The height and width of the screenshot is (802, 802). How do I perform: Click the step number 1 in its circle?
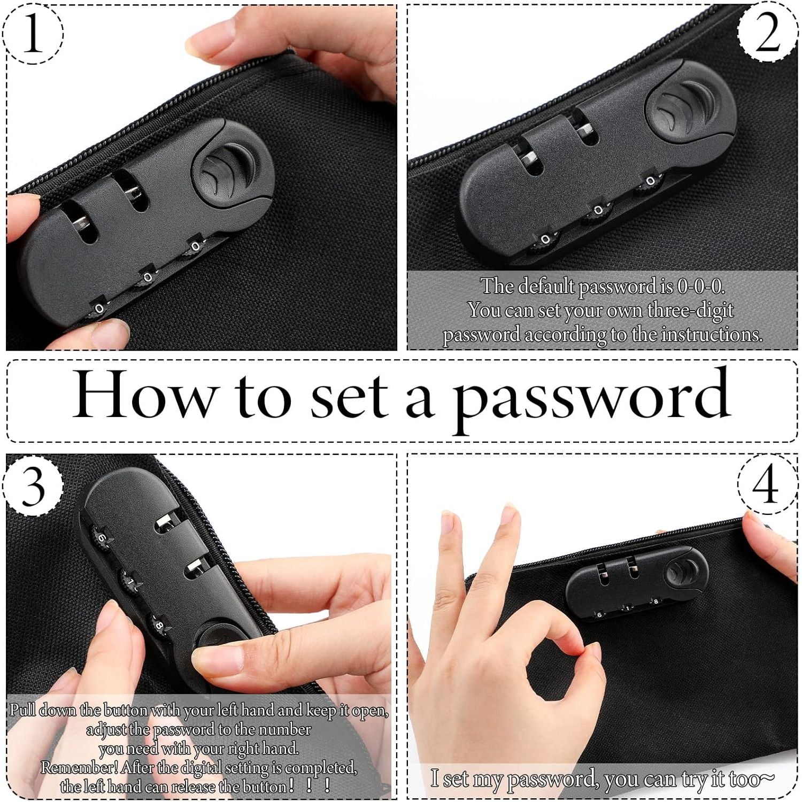[x=33, y=33]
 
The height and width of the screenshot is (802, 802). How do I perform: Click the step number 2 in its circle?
[x=768, y=33]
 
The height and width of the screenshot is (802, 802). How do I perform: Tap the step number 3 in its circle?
[x=33, y=486]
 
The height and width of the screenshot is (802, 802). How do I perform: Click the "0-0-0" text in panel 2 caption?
[x=700, y=287]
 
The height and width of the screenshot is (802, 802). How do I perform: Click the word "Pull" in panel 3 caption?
[x=23, y=710]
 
